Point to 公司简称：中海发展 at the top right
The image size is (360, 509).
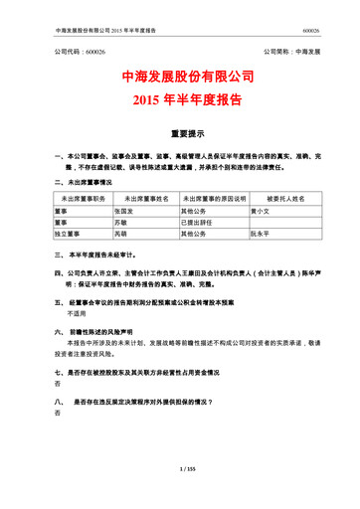click(291, 50)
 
